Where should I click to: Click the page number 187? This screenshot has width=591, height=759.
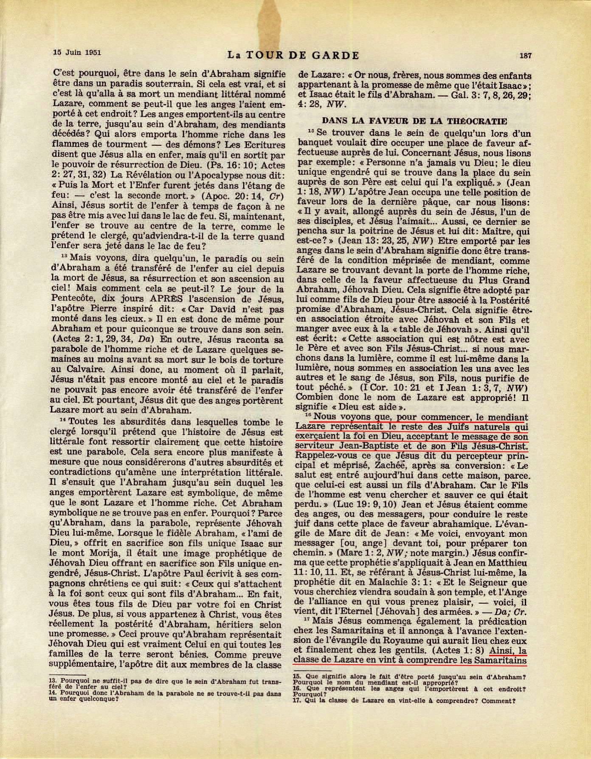click(525, 55)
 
